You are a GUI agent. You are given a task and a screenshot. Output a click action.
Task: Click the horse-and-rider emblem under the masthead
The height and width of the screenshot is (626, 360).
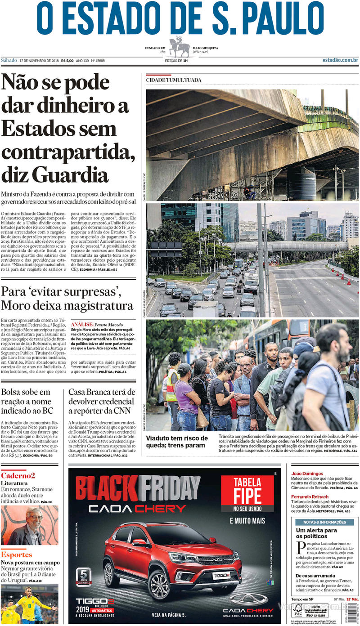pos(180,46)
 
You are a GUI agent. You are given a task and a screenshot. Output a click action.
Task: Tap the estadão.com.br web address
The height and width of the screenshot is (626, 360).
pos(340,60)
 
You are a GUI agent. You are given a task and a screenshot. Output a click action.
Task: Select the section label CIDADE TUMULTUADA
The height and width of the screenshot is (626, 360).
pos(173,80)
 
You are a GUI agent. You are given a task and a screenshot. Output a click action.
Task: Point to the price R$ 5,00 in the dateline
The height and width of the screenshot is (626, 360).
pos(67,61)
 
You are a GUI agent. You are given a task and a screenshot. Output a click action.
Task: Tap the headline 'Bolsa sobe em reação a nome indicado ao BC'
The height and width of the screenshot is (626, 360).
pos(28,401)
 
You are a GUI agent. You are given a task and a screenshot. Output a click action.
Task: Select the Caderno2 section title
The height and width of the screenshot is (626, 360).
pos(18,475)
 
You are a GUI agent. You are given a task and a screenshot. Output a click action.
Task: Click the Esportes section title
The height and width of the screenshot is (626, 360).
pos(17,554)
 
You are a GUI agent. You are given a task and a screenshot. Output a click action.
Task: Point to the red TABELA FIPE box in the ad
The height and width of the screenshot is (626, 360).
pos(247,493)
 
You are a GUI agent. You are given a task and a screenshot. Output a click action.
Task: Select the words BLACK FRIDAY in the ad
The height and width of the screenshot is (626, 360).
pos(138,488)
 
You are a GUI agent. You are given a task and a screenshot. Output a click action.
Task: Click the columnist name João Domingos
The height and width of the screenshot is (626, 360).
pos(307,474)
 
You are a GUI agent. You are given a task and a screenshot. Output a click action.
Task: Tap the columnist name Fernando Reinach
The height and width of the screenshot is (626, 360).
pos(310,496)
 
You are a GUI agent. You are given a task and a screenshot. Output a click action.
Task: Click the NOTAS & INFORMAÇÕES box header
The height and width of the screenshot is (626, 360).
pos(324,522)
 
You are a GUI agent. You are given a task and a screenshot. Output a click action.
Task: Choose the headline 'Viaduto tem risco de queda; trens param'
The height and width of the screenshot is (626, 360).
pos(177,442)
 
